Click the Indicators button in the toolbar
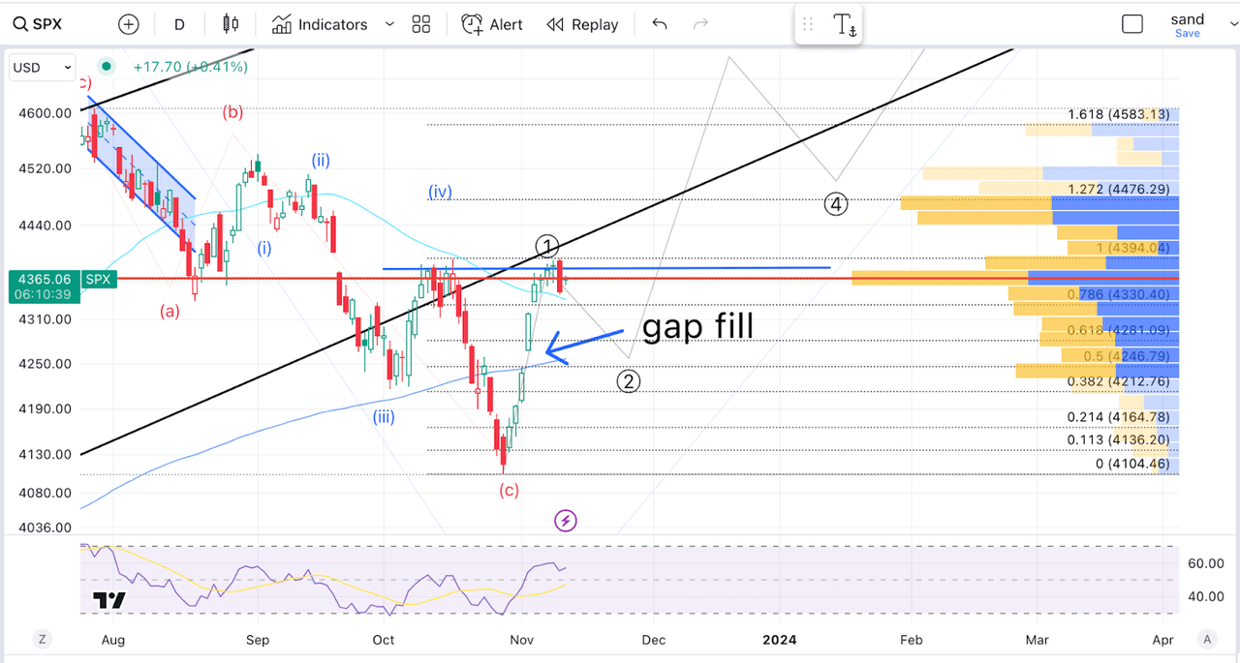[321, 24]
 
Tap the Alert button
[492, 24]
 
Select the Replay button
[582, 24]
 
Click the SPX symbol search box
[39, 24]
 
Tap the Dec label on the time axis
[654, 640]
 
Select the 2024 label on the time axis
[779, 640]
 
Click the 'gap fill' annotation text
[697, 326]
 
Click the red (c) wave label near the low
[509, 490]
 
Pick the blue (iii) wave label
[384, 417]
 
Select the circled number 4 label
[836, 204]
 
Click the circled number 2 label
[629, 381]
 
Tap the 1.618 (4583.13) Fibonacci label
[1118, 114]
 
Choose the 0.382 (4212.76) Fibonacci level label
[1118, 380]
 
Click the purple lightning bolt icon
[566, 522]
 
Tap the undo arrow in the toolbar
[660, 24]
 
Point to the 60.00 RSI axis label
[1206, 563]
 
